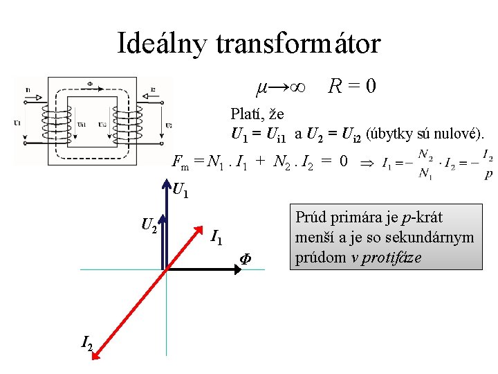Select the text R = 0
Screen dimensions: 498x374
pyautogui.click(x=353, y=87)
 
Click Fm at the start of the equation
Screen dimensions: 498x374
pyautogui.click(x=181, y=164)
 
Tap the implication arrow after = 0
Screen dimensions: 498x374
pyautogui.click(x=367, y=165)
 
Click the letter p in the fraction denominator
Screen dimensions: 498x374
pyautogui.click(x=489, y=175)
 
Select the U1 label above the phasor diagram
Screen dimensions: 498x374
pyautogui.click(x=182, y=189)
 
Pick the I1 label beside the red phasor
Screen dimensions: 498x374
pyautogui.click(x=216, y=239)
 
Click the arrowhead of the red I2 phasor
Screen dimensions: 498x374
pyautogui.click(x=97, y=357)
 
